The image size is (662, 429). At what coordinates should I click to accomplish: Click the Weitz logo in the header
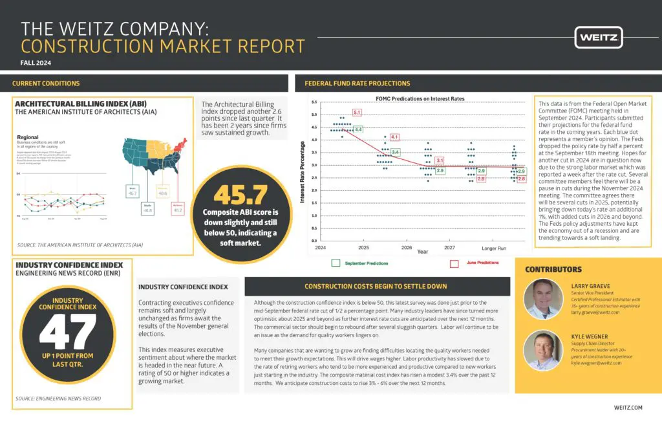[599, 37]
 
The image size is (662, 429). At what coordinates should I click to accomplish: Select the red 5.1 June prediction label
[357, 113]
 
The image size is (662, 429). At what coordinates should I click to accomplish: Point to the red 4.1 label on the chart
[394, 137]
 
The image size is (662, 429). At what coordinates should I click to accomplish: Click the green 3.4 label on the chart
[395, 152]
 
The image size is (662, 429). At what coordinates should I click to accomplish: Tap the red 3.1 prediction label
[440, 160]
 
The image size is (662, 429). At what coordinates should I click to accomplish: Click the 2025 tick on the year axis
[363, 247]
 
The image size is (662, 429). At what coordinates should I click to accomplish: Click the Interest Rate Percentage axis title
[302, 171]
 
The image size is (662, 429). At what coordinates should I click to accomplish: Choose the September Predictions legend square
[336, 263]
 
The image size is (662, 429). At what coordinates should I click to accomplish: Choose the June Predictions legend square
[454, 263]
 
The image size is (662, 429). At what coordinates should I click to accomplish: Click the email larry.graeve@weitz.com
[595, 312]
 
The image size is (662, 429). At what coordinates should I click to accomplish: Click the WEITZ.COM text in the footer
[628, 408]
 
